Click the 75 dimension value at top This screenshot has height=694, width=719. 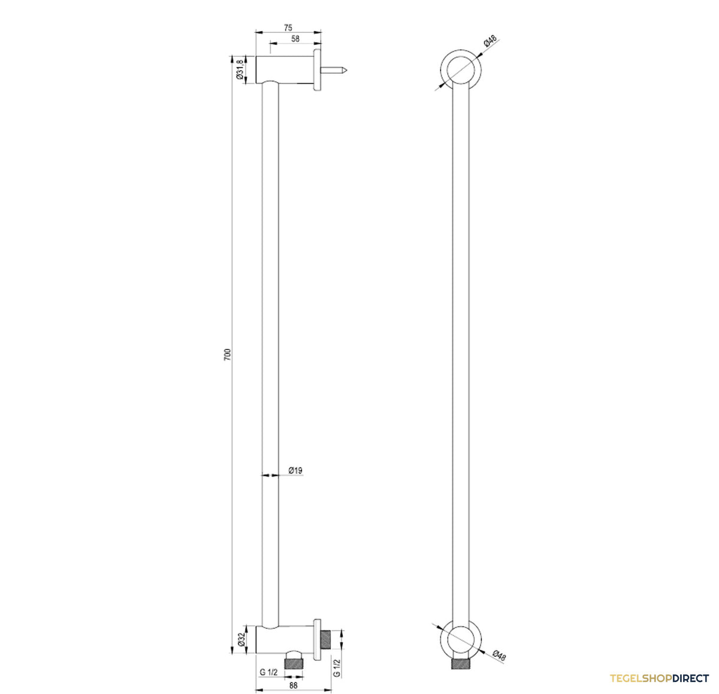[288, 28]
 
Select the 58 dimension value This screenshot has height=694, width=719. [295, 39]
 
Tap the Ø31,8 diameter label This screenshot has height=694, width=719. [240, 69]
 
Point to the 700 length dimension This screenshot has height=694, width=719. [228, 354]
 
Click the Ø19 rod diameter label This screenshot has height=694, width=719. [295, 470]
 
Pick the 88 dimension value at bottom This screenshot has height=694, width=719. [293, 685]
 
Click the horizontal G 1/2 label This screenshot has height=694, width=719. [268, 672]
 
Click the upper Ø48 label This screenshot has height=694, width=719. [490, 41]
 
